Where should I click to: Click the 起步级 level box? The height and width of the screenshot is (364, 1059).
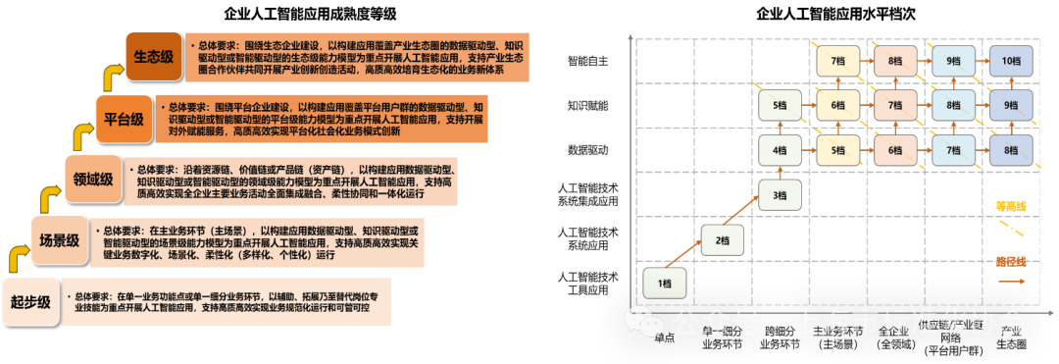[30, 302]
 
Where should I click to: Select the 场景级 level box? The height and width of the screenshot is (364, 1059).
[59, 239]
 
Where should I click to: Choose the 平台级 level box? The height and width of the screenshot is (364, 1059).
[125, 121]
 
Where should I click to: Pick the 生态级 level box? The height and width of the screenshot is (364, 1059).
[154, 57]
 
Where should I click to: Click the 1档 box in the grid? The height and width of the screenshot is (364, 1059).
[665, 284]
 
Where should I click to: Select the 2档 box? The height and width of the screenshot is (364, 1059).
[722, 240]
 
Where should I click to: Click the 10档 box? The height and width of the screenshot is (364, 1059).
[1011, 60]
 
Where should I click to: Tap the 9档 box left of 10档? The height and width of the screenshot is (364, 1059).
[953, 60]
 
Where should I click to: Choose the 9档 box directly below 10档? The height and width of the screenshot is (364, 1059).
[1011, 105]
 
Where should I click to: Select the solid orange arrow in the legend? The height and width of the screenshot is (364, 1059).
[1011, 281]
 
